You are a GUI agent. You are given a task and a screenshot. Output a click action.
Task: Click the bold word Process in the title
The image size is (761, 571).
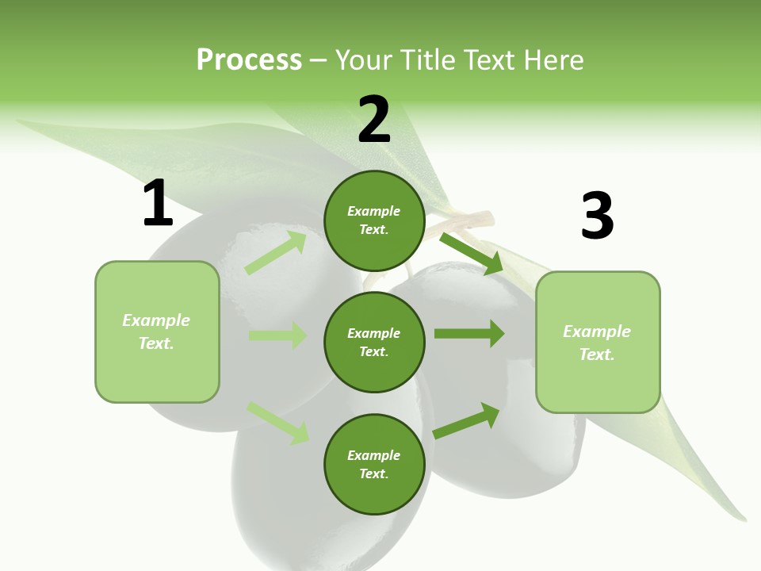click(x=249, y=60)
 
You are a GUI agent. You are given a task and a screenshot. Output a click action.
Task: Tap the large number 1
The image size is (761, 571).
click(x=158, y=204)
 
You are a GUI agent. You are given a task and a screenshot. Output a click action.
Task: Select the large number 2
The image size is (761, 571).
click(x=374, y=120)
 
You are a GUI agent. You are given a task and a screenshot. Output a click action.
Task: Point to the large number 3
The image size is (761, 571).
click(x=597, y=217)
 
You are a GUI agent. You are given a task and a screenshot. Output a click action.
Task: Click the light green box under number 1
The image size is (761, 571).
click(x=157, y=332)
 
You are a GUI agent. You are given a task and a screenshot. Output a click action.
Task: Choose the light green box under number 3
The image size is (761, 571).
click(x=598, y=343)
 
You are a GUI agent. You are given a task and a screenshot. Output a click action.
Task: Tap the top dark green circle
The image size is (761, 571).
click(x=374, y=220)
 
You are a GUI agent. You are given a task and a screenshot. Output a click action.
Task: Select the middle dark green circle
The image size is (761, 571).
click(x=374, y=342)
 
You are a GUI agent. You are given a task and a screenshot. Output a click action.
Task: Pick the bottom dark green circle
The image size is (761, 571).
click(x=374, y=464)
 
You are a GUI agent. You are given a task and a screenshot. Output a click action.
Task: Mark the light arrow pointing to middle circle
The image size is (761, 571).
click(x=277, y=335)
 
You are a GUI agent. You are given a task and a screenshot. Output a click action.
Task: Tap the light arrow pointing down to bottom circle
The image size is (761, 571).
click(x=277, y=422)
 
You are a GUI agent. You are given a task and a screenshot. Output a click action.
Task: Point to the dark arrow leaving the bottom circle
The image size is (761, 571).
click(x=467, y=420)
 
